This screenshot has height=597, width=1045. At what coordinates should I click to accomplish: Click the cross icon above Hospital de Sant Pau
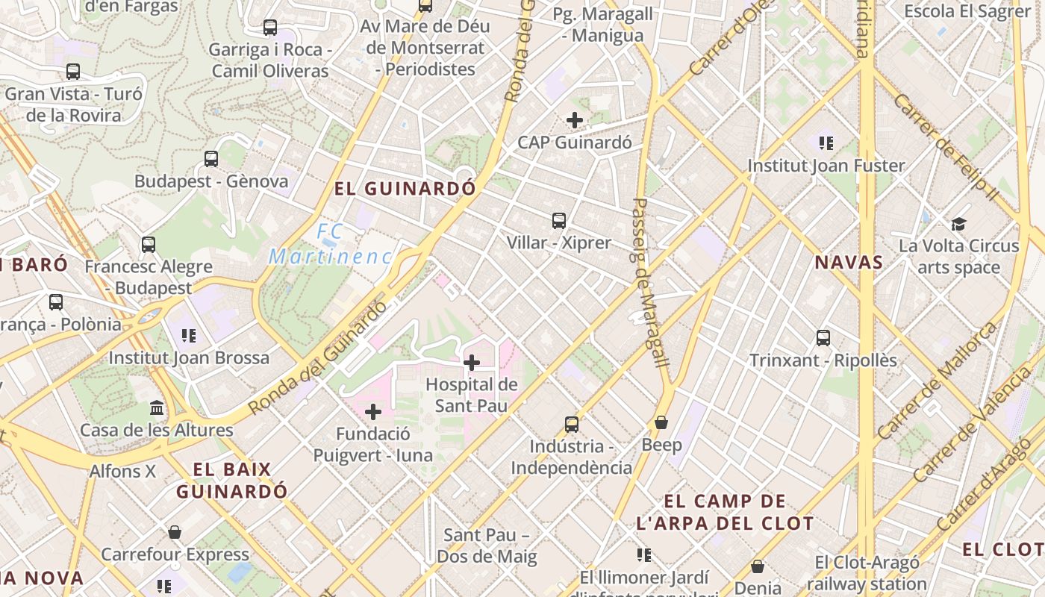tap(472, 363)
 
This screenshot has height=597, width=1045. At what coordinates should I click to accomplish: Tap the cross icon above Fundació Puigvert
tap(373, 412)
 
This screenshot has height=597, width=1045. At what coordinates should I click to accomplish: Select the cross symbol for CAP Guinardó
tap(575, 119)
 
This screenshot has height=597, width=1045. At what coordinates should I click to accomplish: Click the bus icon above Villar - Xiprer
tap(559, 220)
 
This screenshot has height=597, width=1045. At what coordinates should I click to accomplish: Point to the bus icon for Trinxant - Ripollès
tap(823, 338)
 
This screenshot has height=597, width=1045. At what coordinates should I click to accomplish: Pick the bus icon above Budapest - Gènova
tap(211, 158)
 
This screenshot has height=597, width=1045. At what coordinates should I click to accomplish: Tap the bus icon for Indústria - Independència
tap(572, 424)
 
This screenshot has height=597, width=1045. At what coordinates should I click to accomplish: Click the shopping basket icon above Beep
tap(661, 422)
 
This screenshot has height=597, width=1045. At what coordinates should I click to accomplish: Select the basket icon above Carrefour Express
tap(175, 532)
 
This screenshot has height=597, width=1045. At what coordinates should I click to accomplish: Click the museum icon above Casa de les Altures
tap(157, 407)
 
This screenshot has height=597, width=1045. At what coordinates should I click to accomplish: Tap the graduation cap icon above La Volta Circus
tap(958, 224)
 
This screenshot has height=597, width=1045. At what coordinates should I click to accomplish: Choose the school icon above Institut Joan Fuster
tap(826, 143)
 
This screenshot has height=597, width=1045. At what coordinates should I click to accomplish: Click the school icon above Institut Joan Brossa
tap(189, 335)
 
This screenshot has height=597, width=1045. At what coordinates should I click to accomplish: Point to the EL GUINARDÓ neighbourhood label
tap(405, 189)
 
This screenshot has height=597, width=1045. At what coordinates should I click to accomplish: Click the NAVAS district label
tap(849, 263)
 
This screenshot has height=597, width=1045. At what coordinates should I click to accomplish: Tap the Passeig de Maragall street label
tap(649, 282)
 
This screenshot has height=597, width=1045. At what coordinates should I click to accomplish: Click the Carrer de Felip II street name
tap(944, 146)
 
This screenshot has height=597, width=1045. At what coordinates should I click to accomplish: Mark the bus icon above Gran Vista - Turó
tap(73, 72)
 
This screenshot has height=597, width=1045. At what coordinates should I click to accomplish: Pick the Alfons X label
tap(122, 472)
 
